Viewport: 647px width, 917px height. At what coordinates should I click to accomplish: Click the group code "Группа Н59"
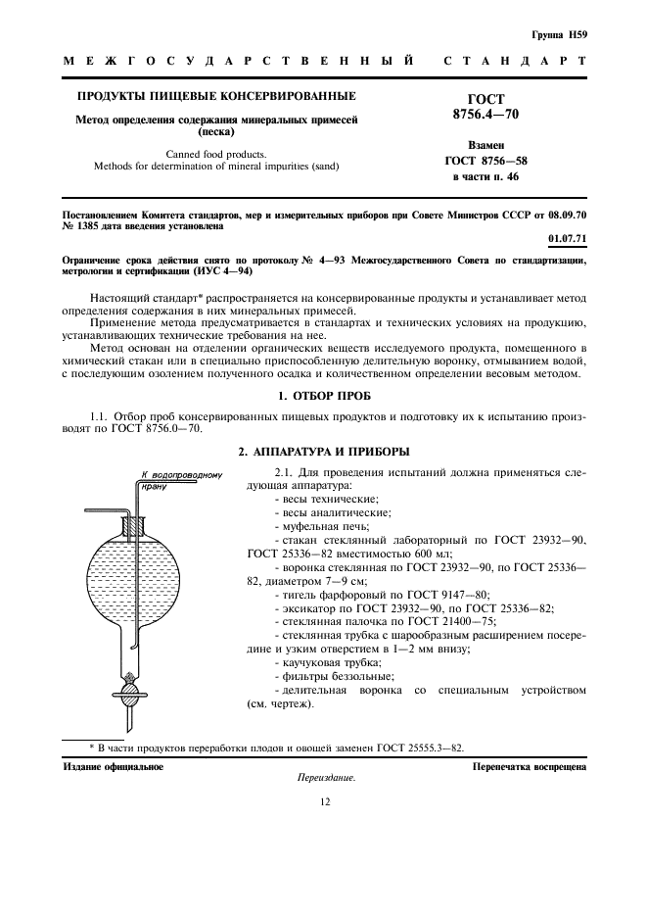point(559,35)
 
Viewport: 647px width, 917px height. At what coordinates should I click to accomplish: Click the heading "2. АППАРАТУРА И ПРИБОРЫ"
point(323,452)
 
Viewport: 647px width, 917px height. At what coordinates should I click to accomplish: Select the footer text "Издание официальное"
point(113,766)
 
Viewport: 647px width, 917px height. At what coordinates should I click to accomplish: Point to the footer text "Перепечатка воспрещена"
point(529,766)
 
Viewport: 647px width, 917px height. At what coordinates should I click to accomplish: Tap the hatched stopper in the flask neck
point(135,529)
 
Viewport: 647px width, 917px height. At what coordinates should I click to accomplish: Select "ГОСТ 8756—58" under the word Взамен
point(486,160)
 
